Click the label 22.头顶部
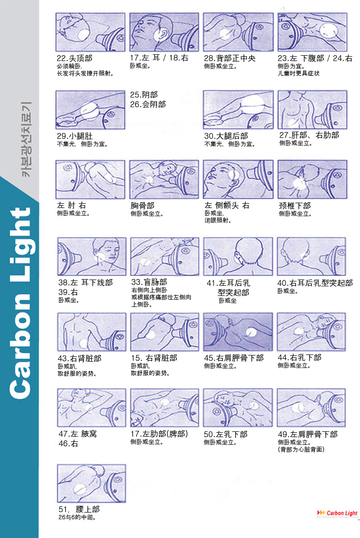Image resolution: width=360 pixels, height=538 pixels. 74,58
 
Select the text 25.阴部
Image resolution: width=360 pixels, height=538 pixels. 144,95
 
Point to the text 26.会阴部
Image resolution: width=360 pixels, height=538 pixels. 148,104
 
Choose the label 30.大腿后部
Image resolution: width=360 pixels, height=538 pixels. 226,136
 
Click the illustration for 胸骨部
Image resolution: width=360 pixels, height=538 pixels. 164,179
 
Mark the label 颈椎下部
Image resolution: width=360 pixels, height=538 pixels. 295,206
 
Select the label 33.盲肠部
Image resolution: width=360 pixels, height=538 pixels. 149,282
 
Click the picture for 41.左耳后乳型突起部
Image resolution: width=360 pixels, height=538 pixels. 238,256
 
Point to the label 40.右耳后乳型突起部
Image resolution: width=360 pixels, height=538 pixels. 314,283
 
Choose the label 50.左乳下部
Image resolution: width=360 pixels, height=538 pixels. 226,434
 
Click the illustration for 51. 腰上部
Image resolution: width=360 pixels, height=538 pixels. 91,483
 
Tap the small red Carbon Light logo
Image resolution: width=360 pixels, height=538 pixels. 337,513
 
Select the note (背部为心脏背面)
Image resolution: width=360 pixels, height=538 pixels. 301,450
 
